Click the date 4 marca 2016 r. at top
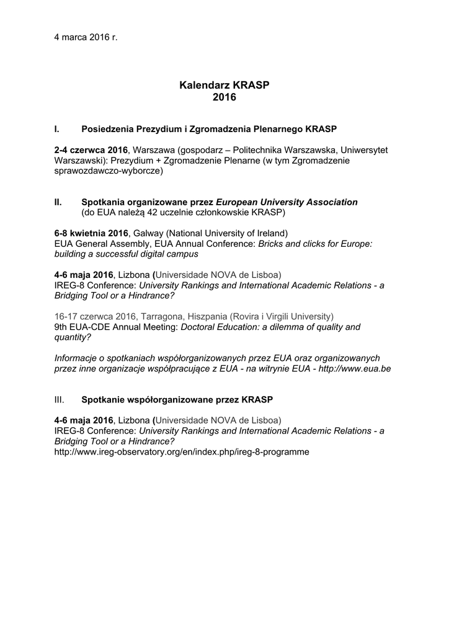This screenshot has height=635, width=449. pos(86,37)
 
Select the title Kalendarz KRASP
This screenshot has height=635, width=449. pos(224,85)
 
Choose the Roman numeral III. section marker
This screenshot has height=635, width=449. pos(60,398)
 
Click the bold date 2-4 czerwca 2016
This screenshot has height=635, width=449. pos(91,150)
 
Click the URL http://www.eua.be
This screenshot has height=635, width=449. pos(355,368)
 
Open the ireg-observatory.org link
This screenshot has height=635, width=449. pos(181,452)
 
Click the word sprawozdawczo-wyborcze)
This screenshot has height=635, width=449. pos(109,171)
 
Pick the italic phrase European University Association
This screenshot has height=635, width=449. pos(287,202)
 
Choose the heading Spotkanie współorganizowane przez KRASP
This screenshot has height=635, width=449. pos(177,398)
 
